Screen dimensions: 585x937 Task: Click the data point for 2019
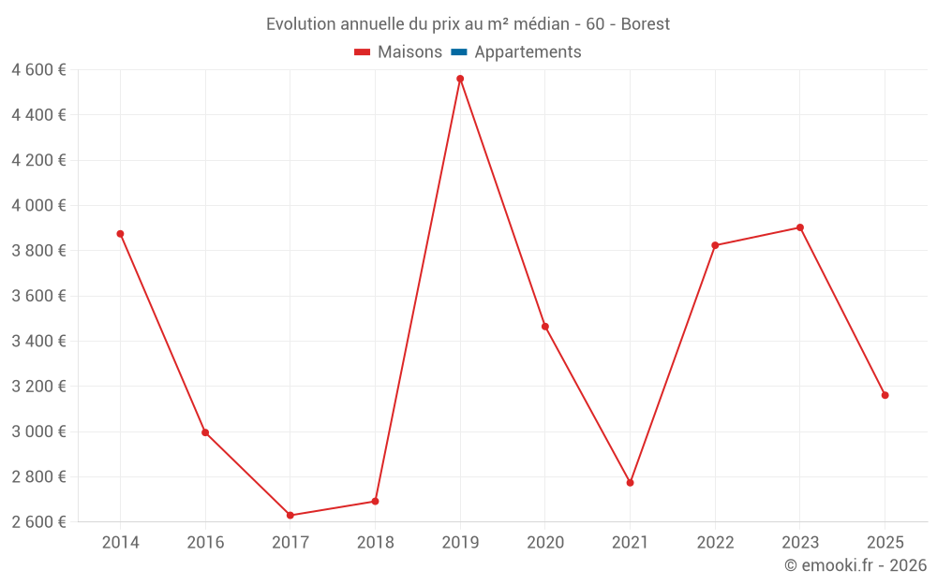click(x=460, y=79)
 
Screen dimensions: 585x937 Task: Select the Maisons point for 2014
click(x=120, y=234)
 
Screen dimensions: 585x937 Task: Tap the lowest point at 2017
click(x=290, y=515)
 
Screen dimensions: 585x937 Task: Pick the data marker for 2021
click(x=630, y=483)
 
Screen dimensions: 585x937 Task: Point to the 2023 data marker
click(x=800, y=227)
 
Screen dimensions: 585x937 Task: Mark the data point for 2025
click(x=885, y=395)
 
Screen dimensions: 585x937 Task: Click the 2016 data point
click(x=205, y=432)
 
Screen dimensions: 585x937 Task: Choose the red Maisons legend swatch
click(x=363, y=52)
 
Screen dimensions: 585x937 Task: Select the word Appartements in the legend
click(x=528, y=52)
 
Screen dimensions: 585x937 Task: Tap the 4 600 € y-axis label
click(x=38, y=70)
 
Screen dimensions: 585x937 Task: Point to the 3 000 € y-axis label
click(x=38, y=431)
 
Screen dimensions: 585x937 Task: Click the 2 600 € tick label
click(x=38, y=522)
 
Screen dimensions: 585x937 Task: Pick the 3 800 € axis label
click(x=38, y=251)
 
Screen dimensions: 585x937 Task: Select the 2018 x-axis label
click(x=375, y=543)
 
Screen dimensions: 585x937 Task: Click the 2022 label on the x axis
click(x=715, y=543)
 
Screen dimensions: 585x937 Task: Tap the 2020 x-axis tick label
click(x=545, y=543)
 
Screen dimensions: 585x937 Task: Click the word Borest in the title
click(x=646, y=24)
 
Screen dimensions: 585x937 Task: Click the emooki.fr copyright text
click(x=855, y=565)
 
